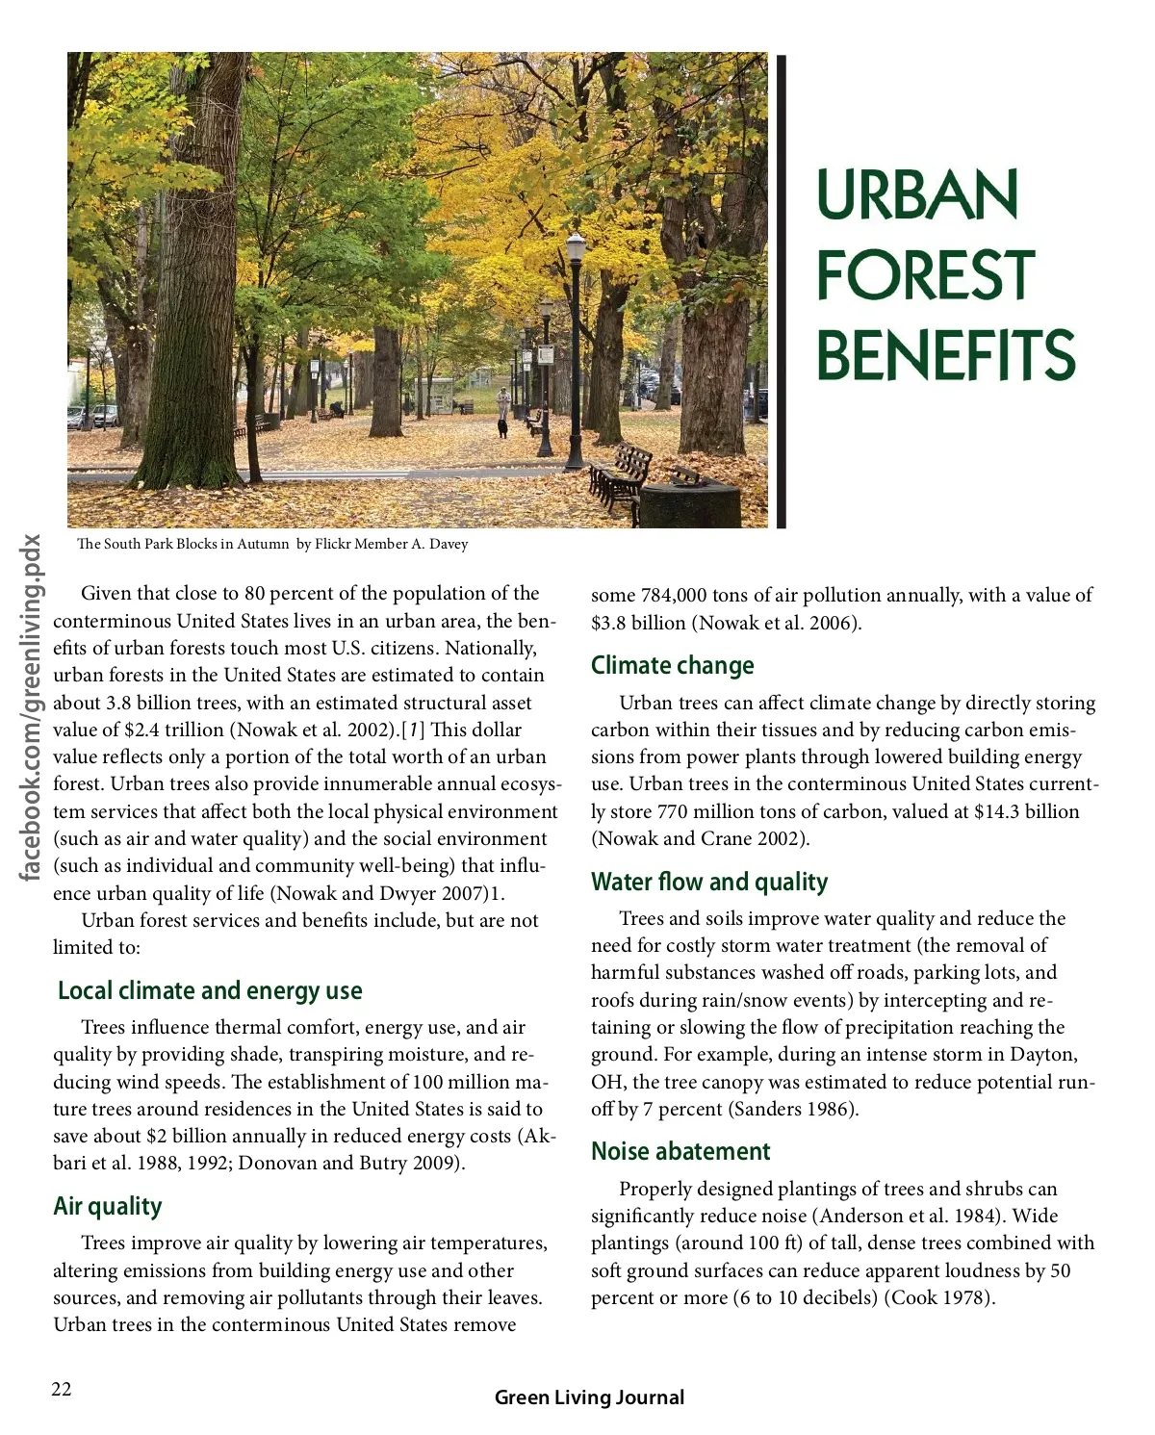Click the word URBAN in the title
pos(916,195)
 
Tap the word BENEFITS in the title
pos(945,354)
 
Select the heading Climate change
pos(672,665)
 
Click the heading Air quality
pos(108,1206)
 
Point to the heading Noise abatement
pos(680,1151)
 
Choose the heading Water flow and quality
pos(709,882)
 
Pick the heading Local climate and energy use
pos(210,990)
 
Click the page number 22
pos(62,1389)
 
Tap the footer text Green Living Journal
pos(589,1397)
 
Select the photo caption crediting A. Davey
pos(272,544)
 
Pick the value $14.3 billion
pos(1026,811)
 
